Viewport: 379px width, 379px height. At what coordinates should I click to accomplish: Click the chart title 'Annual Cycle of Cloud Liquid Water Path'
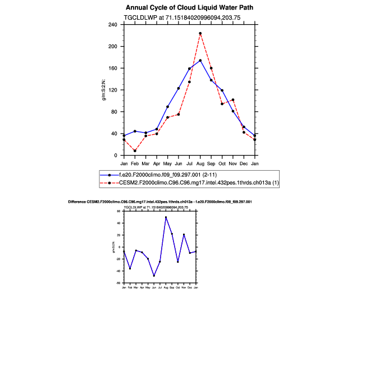coord(190,8)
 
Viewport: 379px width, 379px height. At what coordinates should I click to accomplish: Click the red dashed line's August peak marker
coord(200,33)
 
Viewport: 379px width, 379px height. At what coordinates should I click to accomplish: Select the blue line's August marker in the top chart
coord(200,60)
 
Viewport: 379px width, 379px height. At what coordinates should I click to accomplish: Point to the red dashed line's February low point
coord(135,150)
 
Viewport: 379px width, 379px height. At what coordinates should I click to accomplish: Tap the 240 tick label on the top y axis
coord(112,25)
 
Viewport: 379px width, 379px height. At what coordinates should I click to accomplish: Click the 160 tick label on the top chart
coord(112,69)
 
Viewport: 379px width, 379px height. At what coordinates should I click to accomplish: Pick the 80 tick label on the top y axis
coord(114,112)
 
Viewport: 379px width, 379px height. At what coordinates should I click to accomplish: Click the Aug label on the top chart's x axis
coord(200,163)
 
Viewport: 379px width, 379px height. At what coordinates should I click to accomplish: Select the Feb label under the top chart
coord(135,163)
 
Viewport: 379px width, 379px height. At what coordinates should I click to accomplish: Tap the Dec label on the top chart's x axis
coord(244,163)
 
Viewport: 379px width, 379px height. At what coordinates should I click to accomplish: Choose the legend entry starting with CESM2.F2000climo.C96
coord(191,183)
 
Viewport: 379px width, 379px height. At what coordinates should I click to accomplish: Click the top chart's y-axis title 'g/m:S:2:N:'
coord(103,90)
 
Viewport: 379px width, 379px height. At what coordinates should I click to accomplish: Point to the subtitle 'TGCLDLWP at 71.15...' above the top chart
coord(190,17)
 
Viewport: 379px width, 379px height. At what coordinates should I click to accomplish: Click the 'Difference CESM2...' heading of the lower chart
coord(159,202)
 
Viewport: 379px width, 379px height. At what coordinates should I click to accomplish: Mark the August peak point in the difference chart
coord(166,217)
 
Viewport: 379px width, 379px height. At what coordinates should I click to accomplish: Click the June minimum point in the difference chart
coord(154,276)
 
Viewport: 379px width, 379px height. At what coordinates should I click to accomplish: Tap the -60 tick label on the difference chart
coord(118,284)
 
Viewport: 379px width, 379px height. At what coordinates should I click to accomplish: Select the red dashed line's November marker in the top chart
coord(233,100)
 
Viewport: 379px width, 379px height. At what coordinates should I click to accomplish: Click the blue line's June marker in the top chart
coord(179,88)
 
